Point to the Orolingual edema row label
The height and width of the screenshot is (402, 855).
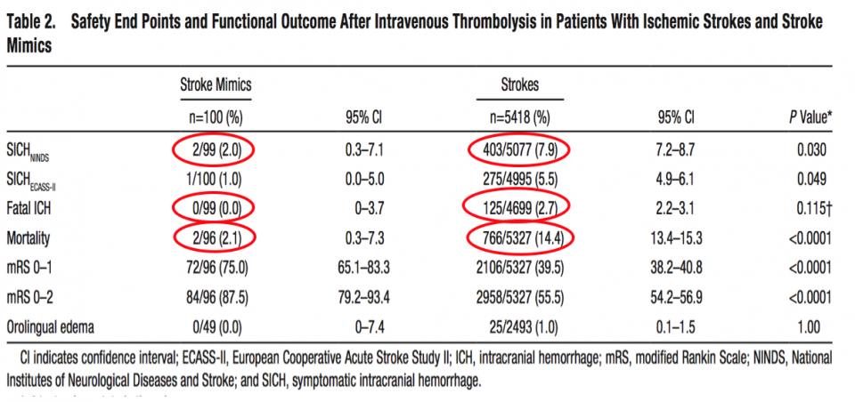point(53,327)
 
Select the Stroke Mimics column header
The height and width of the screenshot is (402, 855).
point(216,85)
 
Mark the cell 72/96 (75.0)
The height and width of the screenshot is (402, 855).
point(215,268)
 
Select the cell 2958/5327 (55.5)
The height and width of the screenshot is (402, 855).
point(519,297)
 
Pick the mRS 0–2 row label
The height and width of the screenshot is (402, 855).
point(33,297)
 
